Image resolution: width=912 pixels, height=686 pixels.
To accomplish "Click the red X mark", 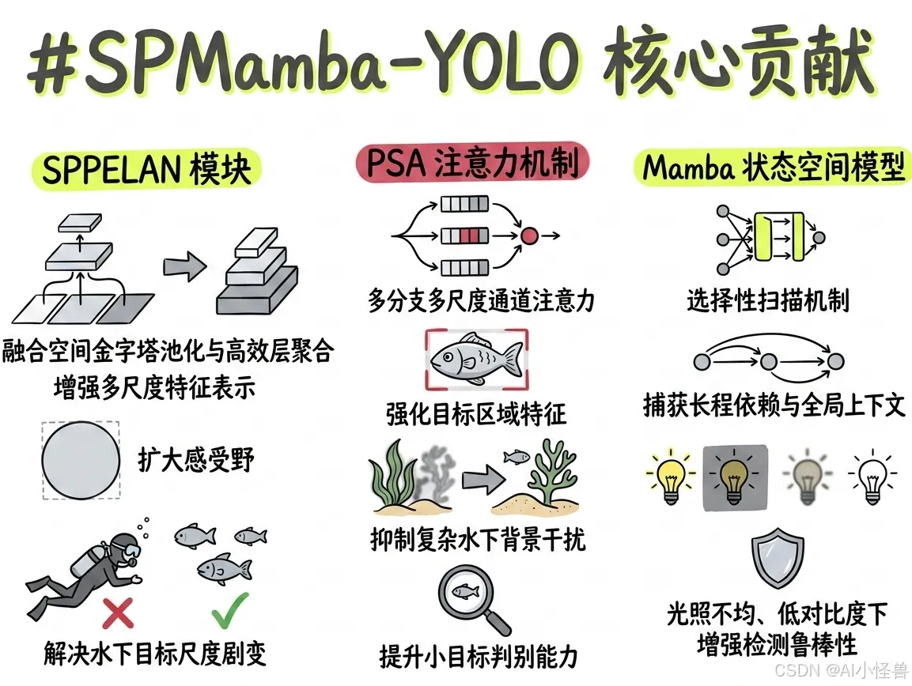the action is tap(118, 612).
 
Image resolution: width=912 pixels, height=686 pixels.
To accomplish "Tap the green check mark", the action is tap(230, 609).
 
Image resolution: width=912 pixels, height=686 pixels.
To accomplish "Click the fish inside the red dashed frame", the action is tap(475, 358).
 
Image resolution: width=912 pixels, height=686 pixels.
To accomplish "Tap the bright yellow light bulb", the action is tap(670, 478).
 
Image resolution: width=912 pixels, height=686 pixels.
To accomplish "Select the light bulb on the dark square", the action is tap(734, 478).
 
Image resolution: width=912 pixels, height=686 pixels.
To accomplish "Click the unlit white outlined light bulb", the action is tap(872, 478).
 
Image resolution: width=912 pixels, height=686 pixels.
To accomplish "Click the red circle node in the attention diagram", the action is tap(529, 235).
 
